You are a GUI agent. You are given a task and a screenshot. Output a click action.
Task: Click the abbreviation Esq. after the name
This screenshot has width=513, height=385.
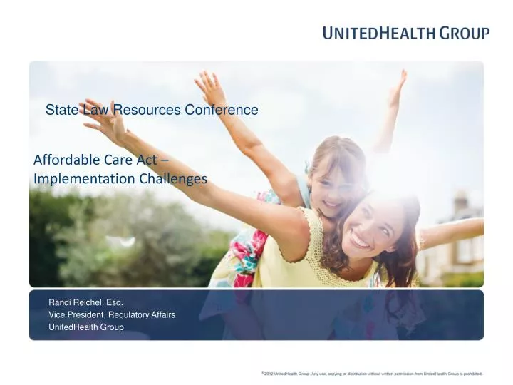pos(113,302)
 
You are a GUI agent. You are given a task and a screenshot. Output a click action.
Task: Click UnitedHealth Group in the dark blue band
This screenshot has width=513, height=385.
pos(85,327)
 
